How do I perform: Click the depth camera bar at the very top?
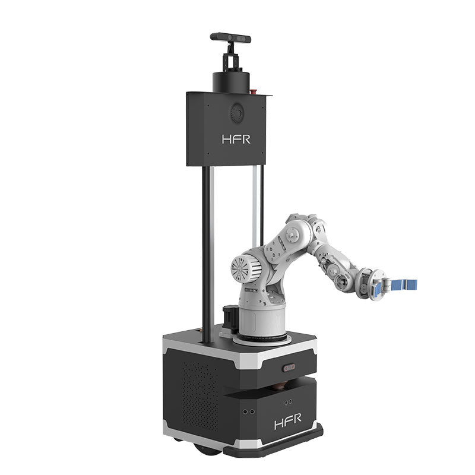[230, 37]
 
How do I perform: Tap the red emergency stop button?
[255, 91]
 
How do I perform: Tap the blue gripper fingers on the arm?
[405, 284]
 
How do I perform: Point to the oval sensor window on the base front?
[289, 368]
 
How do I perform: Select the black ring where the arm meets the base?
[261, 340]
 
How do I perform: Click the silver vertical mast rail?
[256, 202]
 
